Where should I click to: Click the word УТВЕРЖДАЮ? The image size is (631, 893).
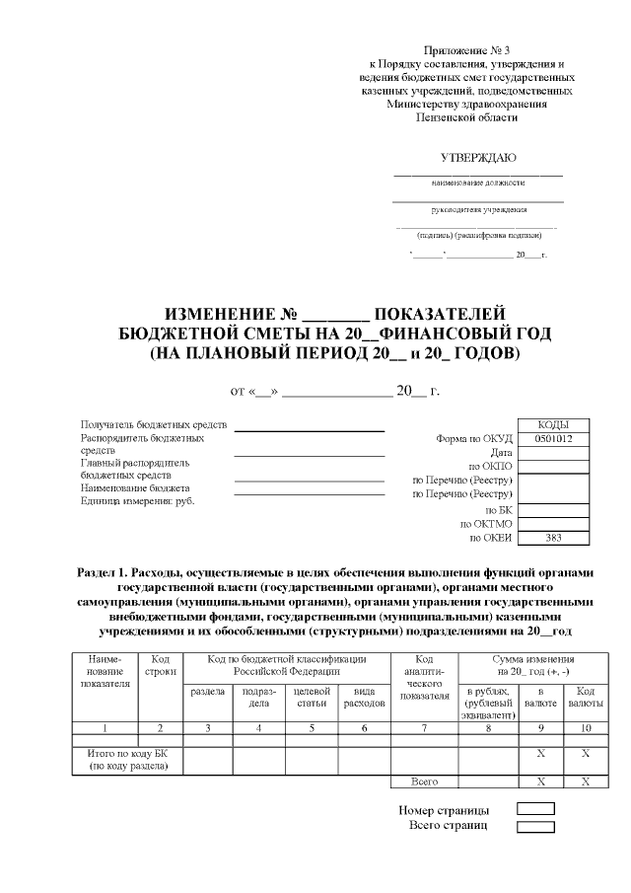tap(477, 157)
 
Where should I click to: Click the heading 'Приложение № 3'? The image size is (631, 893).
tap(466, 49)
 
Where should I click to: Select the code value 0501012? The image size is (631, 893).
tap(554, 438)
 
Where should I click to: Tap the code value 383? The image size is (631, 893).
tap(554, 538)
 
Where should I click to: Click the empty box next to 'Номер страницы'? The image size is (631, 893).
tap(535, 810)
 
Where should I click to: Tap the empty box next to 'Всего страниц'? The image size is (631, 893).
tap(535, 826)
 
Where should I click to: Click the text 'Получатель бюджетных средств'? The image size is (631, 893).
tap(153, 424)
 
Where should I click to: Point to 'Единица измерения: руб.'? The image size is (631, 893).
tap(137, 500)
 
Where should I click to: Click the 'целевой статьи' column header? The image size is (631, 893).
tap(312, 696)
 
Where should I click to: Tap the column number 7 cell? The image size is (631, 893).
tap(425, 727)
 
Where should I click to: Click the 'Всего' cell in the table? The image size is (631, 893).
tap(424, 781)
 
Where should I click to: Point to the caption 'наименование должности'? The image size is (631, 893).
tap(478, 183)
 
